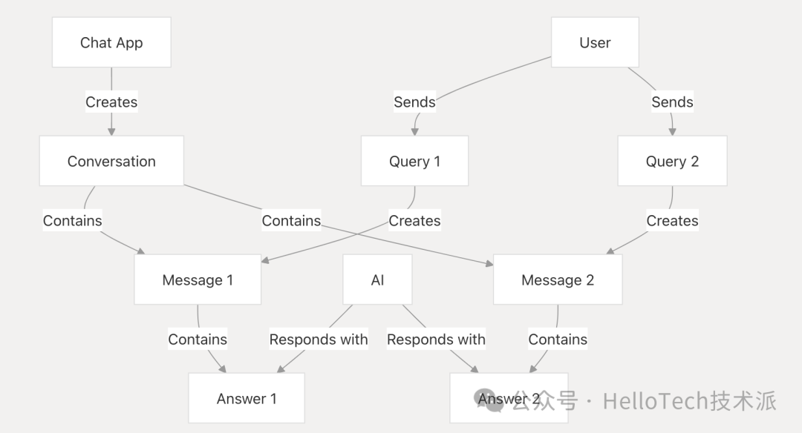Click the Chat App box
point(111,43)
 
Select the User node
point(595,43)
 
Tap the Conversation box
point(111,161)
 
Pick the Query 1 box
point(414,161)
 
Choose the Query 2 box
point(672,161)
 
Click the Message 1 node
point(198,280)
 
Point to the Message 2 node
point(558,280)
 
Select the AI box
point(377,280)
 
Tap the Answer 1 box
point(247,398)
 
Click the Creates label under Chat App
point(111,102)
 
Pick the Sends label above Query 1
point(414,102)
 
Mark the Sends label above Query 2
point(672,102)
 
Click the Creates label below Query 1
point(414,221)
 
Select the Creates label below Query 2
point(672,221)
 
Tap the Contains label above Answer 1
point(198,340)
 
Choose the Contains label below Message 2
point(558,340)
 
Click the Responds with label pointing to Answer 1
point(318,340)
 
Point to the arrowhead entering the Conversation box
point(111,131)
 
